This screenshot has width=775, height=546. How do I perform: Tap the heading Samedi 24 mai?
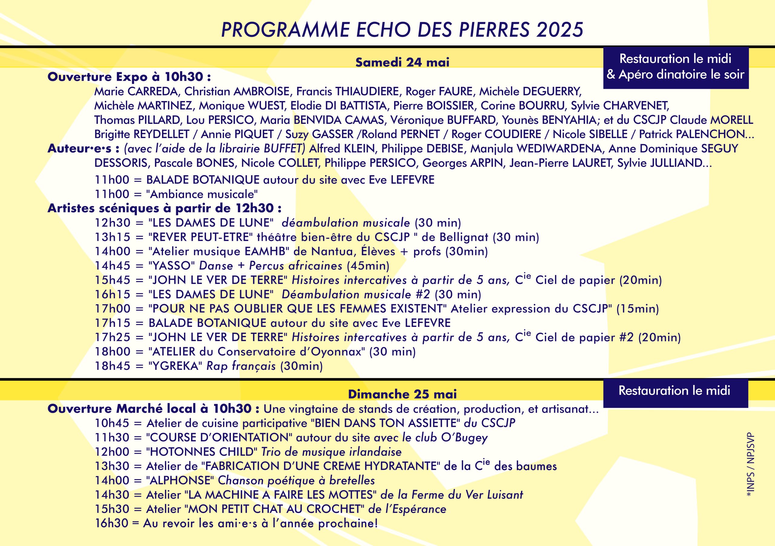coord(402,62)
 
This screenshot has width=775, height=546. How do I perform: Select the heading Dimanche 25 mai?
coord(402,394)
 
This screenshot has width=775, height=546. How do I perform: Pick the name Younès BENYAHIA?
coord(549,120)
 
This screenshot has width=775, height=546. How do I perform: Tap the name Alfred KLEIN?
coord(342,149)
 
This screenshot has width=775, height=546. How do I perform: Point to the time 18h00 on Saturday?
coord(112,352)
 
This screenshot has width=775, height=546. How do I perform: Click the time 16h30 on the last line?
coord(112,523)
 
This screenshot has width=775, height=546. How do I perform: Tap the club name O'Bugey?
coord(464,438)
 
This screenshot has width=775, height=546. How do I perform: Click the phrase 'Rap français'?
coord(241,366)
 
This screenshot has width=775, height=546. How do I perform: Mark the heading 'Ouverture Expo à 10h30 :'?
coord(129,77)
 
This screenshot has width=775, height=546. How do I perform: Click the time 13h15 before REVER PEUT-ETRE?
coord(112,237)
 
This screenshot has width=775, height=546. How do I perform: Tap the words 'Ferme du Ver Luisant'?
coord(467,495)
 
